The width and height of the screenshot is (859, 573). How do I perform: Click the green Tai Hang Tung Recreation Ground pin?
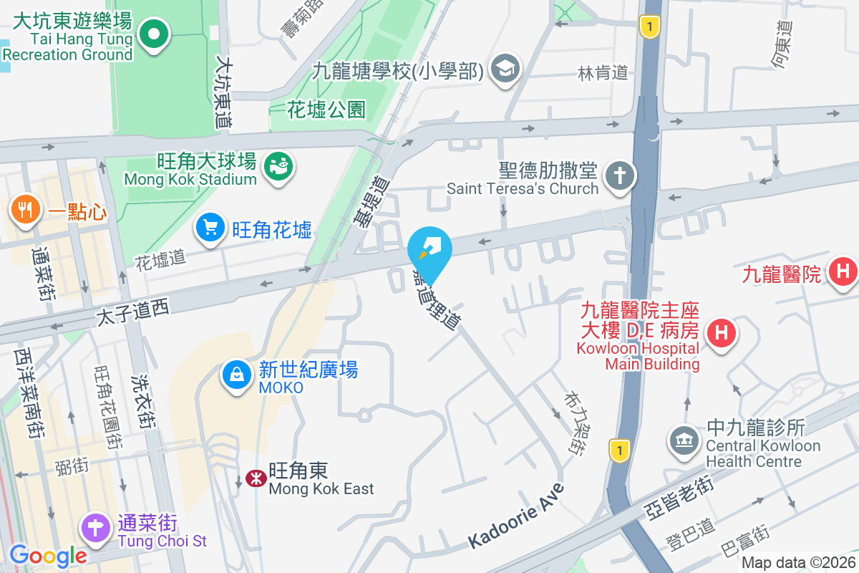tap(152, 32)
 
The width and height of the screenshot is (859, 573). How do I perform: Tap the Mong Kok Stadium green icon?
tap(278, 166)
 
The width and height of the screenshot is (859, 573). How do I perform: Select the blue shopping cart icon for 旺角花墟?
tap(210, 228)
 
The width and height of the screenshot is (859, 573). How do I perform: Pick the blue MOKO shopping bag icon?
tap(236, 374)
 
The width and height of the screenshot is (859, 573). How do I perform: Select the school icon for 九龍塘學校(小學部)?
tap(506, 69)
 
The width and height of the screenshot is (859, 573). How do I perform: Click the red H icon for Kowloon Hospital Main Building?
tap(722, 332)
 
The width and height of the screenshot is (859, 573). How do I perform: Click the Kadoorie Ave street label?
tap(516, 516)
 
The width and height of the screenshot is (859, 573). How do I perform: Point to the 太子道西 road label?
tap(132, 309)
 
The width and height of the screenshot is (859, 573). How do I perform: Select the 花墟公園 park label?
tap(326, 109)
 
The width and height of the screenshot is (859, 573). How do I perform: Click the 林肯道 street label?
tap(603, 72)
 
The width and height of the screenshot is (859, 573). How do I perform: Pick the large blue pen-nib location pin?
tap(429, 247)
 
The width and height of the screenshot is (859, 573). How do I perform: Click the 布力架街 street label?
tap(574, 423)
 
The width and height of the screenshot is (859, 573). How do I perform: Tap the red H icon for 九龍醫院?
tap(843, 271)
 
